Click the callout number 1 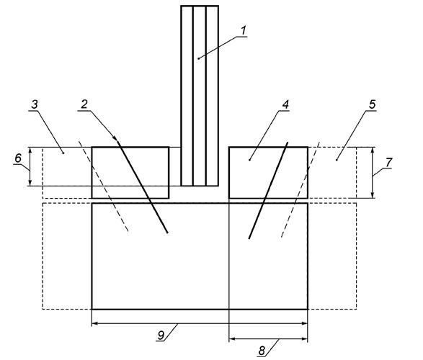point(244,30)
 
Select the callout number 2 point(84,104)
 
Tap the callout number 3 point(35,104)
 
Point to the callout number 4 point(285,104)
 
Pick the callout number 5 point(373,104)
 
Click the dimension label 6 point(18,158)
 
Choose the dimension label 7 point(388,163)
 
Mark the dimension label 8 point(262,351)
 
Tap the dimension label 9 point(161,336)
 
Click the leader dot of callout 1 point(199,58)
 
